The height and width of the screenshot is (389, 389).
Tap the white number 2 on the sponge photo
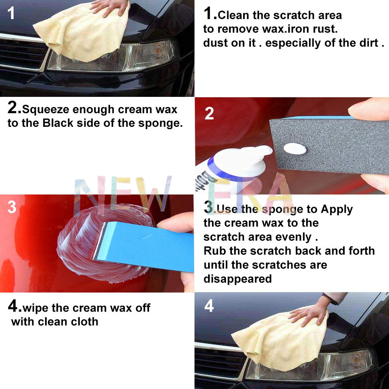click(209, 113)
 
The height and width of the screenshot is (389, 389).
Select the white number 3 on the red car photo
click(12, 207)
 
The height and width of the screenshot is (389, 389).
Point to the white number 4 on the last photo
click(209, 306)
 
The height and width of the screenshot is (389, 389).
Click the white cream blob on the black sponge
click(295, 149)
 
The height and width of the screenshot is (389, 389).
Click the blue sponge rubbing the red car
click(144, 246)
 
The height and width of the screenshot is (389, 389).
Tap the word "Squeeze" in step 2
click(46, 110)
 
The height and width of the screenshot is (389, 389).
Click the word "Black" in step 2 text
click(58, 123)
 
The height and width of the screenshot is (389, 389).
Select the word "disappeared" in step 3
click(238, 279)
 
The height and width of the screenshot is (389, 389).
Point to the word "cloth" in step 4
click(84, 322)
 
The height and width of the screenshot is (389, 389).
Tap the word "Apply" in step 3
click(336, 210)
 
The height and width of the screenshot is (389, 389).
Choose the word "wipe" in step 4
click(35, 308)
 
